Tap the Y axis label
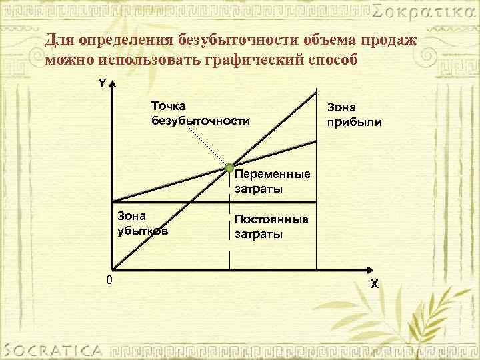102,85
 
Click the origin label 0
109,279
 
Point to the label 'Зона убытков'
142,223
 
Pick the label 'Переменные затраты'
273,181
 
